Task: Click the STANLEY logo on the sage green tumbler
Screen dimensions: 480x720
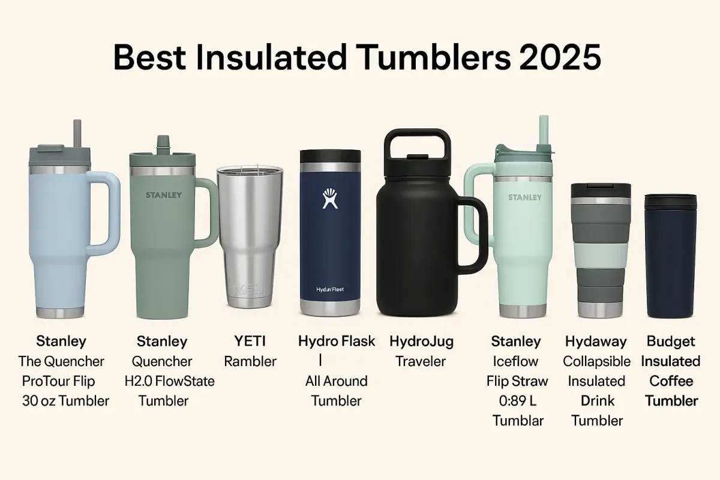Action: (164, 195)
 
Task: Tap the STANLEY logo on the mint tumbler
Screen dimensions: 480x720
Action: (524, 197)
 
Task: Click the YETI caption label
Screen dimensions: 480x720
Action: (250, 341)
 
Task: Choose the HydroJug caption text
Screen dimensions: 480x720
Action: (421, 341)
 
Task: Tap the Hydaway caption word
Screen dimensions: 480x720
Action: (596, 341)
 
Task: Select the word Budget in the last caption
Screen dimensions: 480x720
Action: (671, 341)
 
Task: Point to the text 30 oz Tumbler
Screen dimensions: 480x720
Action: (65, 400)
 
